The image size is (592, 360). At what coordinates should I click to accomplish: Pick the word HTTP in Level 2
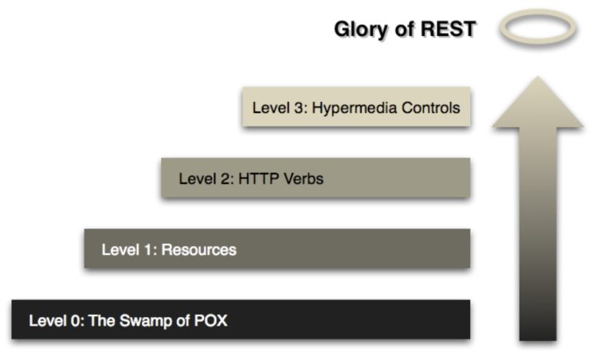256,178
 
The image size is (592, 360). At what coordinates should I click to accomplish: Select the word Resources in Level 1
199,249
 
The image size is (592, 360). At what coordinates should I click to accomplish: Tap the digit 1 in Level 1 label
146,249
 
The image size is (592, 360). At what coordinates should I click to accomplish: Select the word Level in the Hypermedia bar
271,108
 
